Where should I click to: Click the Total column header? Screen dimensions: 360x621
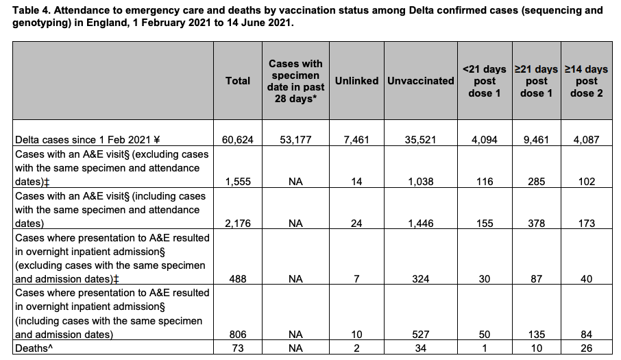coord(238,81)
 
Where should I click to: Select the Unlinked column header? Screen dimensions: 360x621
coord(356,81)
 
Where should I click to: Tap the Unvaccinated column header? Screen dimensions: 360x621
coord(420,81)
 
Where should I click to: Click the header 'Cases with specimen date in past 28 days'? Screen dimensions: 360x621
coord(295,81)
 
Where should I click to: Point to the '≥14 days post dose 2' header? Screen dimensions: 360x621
coord(586,81)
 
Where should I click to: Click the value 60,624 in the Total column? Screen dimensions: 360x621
coord(238,140)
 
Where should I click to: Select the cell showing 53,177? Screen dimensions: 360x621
coord(295,140)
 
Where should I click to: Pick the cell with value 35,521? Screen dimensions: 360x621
coord(421,140)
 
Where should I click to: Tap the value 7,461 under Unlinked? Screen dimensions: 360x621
coord(356,140)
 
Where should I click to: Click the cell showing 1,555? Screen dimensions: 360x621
coord(238,182)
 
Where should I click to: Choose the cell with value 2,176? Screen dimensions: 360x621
coord(238,224)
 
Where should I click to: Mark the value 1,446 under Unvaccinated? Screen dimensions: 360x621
coord(421,224)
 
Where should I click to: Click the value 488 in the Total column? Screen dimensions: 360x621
coord(238,279)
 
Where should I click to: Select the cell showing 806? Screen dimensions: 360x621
coord(238,335)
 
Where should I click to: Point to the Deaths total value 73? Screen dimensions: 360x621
coord(238,348)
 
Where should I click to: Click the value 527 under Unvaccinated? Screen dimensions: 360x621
coord(421,335)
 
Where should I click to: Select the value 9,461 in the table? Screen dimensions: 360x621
coord(537,140)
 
